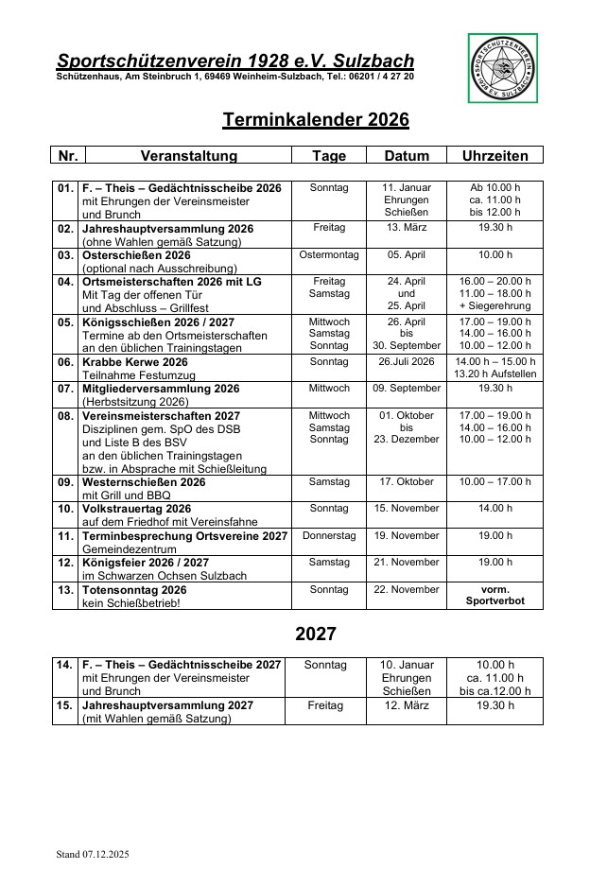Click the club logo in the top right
tap(503, 68)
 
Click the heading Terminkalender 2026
tap(316, 120)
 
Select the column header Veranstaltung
tap(189, 156)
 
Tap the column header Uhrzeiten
tap(501, 156)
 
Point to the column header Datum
tap(407, 156)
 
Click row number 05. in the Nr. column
tap(66, 322)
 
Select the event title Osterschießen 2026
tap(137, 255)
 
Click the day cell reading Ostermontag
tap(329, 255)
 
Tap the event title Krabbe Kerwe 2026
tap(135, 362)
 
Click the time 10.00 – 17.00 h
tap(501, 482)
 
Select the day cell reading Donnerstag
tap(329, 536)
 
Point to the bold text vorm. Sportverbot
tap(501, 595)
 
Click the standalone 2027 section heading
tap(316, 634)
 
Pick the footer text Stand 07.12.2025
tap(93, 855)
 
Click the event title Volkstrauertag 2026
tap(137, 509)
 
